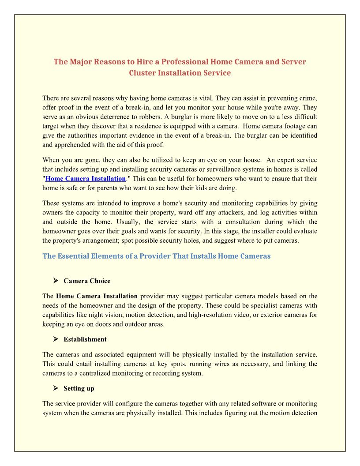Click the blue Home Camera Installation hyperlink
86,179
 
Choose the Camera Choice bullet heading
87,281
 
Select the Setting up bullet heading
79,388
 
